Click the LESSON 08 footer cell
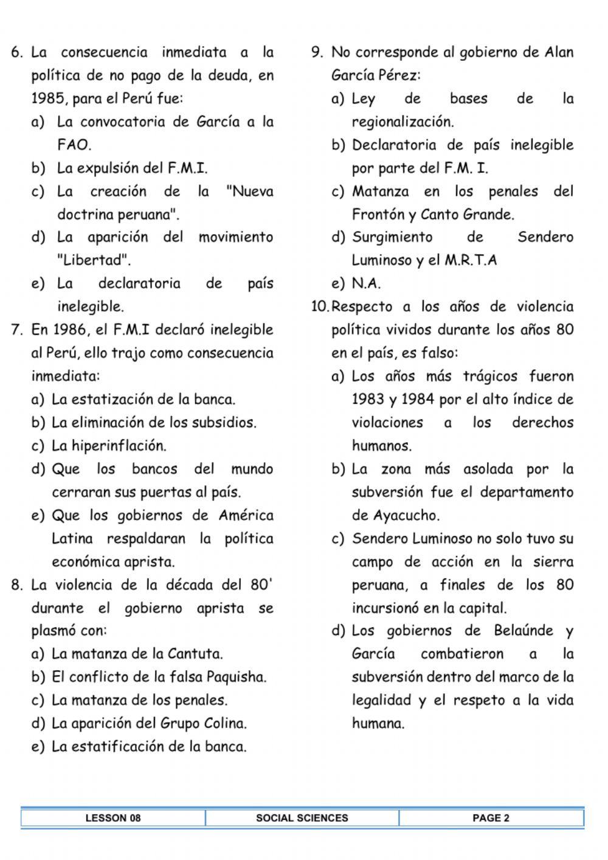pyautogui.click(x=113, y=818)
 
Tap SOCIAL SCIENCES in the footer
pyautogui.click(x=302, y=818)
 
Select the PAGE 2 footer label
pyautogui.click(x=491, y=818)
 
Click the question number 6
pyautogui.click(x=16, y=52)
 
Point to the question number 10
pyautogui.click(x=319, y=307)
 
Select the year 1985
pyautogui.click(x=48, y=99)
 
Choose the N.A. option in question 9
pyautogui.click(x=366, y=283)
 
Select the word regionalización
pyautogui.click(x=402, y=122)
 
